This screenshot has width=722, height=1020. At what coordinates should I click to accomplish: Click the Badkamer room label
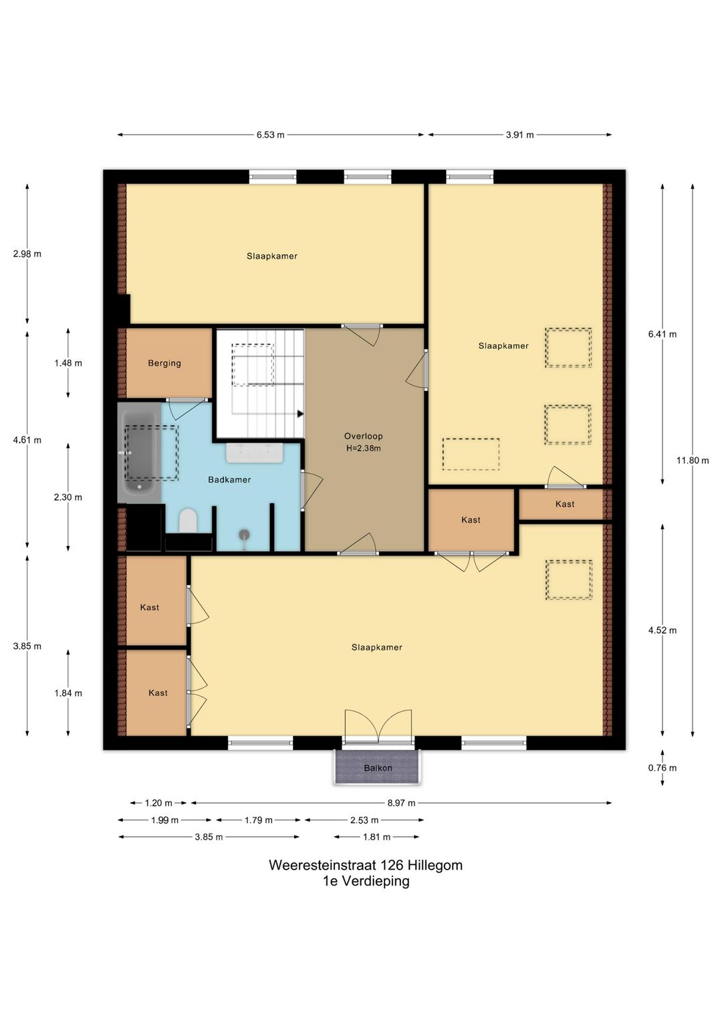point(229,479)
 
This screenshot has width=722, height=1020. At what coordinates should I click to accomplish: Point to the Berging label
point(164,364)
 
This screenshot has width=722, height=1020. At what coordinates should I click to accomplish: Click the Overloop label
point(363,436)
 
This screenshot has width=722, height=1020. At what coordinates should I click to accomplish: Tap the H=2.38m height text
point(363,448)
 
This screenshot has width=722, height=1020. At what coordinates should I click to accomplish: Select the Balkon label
point(378,768)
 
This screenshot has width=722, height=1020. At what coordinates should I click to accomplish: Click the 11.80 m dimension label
point(692,461)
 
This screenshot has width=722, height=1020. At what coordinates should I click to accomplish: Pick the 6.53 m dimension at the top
point(270,135)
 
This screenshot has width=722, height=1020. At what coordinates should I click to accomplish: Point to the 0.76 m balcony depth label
point(663,768)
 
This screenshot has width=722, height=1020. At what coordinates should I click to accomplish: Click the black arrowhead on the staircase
point(300,414)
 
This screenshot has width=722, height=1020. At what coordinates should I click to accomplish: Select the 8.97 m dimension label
point(401,803)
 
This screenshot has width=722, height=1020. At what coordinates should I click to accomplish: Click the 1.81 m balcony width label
point(376,837)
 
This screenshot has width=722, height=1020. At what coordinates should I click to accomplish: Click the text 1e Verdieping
point(366,881)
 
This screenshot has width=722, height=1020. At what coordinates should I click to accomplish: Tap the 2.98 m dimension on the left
point(27,254)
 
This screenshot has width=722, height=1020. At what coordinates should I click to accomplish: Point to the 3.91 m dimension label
point(519,135)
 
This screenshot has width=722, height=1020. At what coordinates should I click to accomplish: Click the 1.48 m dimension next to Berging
point(68,364)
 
